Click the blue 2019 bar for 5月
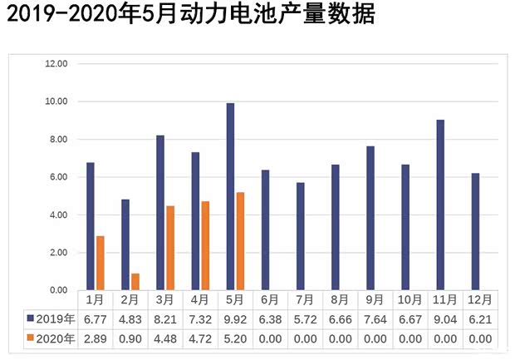tap(230, 196)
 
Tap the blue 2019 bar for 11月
tap(440, 205)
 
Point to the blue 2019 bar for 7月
tap(300, 236)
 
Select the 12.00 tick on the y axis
tap(56, 64)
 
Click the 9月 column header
tap(374, 299)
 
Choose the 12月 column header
tap(478, 299)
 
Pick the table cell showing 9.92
tap(234, 319)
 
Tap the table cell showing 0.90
tap(130, 338)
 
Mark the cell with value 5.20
tap(234, 338)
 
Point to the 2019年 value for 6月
tap(269, 319)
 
